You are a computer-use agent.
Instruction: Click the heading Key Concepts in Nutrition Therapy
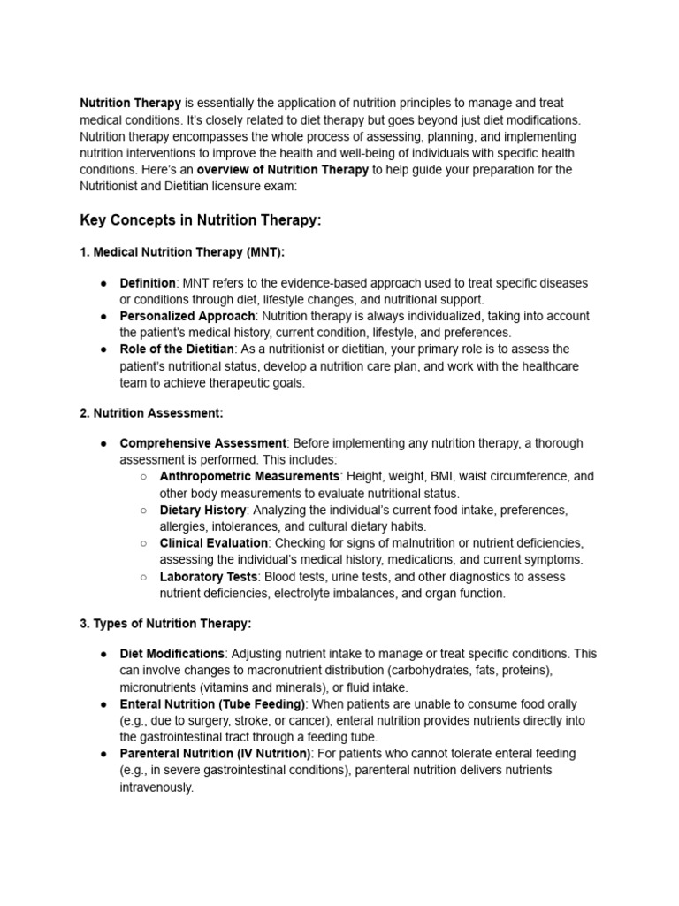click(x=201, y=220)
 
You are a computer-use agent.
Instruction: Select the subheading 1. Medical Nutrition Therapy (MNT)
click(x=182, y=252)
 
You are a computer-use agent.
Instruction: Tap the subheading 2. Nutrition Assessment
click(x=152, y=411)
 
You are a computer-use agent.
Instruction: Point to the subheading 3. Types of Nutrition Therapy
click(x=165, y=623)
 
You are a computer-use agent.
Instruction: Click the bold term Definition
click(x=148, y=283)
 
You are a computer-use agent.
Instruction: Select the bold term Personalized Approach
click(x=187, y=316)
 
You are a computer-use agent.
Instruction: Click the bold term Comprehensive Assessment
click(x=203, y=442)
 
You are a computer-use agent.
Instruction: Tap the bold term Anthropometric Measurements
click(x=248, y=476)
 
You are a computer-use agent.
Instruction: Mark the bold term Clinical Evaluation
click(x=213, y=542)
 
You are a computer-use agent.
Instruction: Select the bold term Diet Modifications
click(x=172, y=654)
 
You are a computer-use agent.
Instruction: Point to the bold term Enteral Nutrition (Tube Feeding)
click(x=212, y=704)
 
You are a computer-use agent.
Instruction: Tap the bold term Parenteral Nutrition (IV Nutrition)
click(x=215, y=754)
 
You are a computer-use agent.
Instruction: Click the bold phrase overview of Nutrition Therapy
click(x=282, y=170)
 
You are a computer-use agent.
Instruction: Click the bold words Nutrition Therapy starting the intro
click(x=131, y=104)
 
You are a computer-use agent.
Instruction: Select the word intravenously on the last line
click(x=156, y=787)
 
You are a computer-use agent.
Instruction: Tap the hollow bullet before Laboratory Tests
click(x=143, y=577)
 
